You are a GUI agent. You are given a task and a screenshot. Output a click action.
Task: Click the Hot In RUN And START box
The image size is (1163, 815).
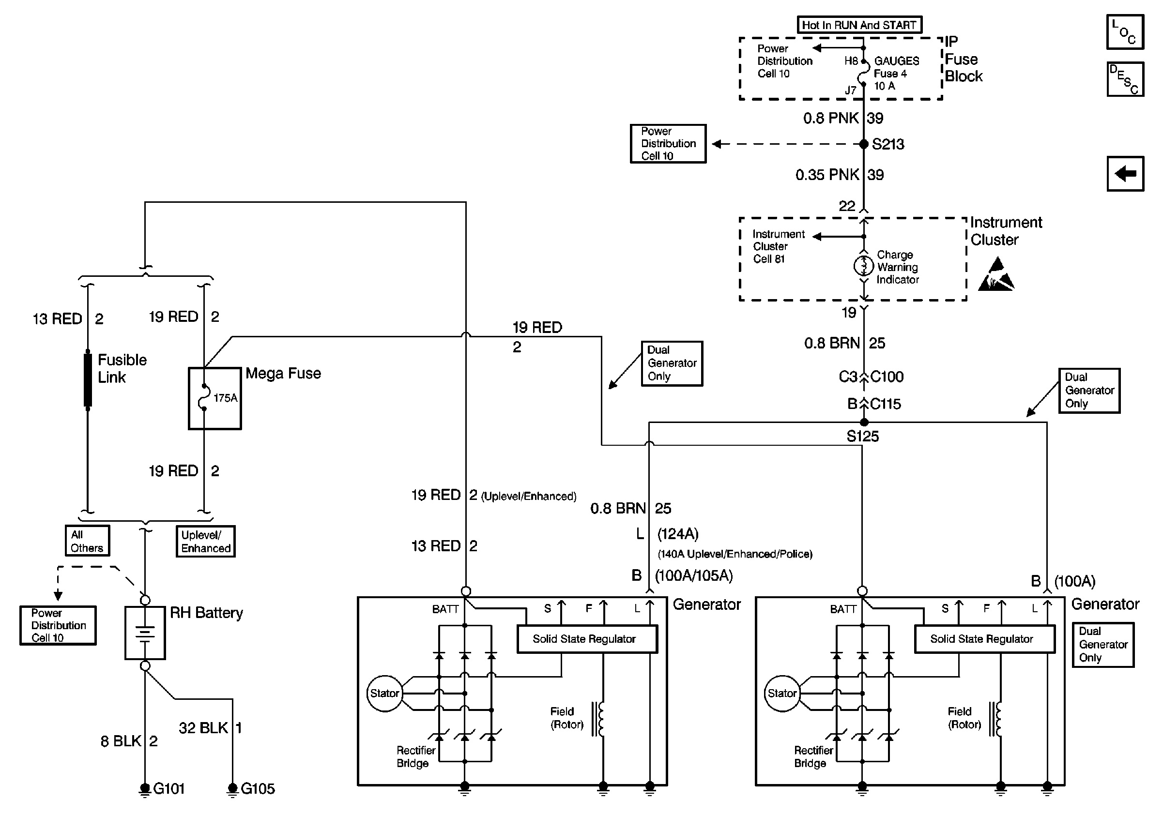859,25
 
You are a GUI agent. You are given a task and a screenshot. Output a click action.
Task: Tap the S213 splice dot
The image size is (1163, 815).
864,144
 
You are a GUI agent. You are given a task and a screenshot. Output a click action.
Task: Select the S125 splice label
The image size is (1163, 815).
863,437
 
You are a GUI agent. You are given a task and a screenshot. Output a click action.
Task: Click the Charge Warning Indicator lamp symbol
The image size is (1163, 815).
864,266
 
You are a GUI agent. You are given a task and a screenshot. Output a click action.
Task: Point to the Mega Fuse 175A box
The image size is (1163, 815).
215,398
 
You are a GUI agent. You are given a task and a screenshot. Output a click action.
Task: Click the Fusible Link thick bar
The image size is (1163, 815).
88,379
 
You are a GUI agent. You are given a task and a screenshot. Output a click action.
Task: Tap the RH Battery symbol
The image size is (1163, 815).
145,633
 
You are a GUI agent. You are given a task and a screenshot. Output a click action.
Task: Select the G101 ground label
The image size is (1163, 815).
168,789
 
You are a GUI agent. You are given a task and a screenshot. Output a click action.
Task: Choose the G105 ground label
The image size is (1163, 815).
257,789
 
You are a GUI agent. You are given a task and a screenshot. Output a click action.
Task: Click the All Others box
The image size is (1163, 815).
87,541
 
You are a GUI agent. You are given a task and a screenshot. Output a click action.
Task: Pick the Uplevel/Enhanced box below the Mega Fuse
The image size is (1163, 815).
206,542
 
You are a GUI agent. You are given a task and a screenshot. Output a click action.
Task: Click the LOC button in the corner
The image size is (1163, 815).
1125,32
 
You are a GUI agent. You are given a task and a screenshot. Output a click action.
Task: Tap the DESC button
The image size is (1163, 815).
1125,79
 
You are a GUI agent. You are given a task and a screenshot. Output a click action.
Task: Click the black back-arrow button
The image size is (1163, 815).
1125,174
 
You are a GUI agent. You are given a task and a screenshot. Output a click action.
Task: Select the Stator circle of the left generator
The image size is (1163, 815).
384,694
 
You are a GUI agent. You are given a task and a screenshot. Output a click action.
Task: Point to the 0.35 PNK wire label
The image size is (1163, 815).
827,175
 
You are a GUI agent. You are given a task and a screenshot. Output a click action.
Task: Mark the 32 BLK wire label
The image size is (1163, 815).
203,728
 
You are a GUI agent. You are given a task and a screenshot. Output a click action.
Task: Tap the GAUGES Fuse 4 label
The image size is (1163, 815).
896,67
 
